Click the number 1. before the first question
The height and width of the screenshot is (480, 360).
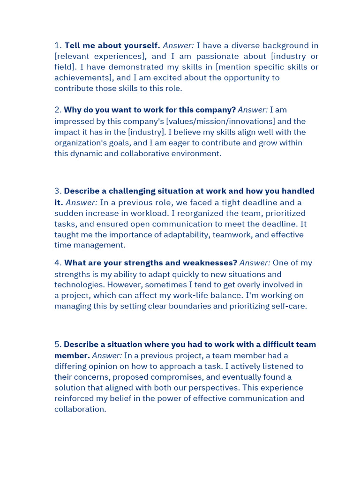58,45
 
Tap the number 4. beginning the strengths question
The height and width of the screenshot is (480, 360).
58,263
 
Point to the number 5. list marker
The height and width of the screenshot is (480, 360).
58,345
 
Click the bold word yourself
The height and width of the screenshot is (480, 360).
142,45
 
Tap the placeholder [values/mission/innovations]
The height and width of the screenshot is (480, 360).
220,121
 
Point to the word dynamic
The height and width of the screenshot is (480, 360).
87,153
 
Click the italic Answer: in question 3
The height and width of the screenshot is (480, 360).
82,202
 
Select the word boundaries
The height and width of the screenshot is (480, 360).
188,306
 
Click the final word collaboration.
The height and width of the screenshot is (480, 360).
80,409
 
